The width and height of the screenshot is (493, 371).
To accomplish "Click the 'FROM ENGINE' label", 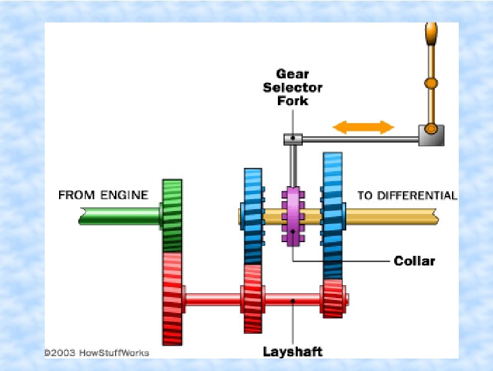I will [103, 195].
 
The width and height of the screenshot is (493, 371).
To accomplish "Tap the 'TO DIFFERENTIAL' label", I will [407, 195].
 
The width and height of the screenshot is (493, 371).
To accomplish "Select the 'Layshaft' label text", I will [292, 352].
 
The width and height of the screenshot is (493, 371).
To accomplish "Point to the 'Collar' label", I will [415, 261].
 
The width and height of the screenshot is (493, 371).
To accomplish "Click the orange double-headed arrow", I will [364, 128].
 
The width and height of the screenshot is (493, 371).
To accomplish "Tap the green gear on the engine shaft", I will [172, 215].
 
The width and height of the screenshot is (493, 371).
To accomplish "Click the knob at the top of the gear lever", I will [431, 32].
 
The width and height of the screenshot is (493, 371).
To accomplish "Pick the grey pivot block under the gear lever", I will [430, 134].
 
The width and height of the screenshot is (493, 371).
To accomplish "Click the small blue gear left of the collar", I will [252, 215].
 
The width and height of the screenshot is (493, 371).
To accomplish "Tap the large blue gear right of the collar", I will [332, 215].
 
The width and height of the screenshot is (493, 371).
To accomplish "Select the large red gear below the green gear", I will [172, 297].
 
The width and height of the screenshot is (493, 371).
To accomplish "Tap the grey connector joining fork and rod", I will [293, 139].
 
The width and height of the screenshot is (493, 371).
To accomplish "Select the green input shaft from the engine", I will [118, 215].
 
